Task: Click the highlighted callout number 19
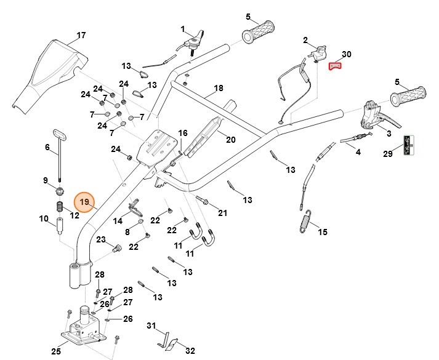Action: click(85, 202)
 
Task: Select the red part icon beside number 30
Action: click(334, 66)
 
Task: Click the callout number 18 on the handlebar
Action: click(218, 89)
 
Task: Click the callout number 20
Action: click(230, 140)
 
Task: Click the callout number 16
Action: click(183, 134)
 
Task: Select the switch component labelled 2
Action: click(318, 54)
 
